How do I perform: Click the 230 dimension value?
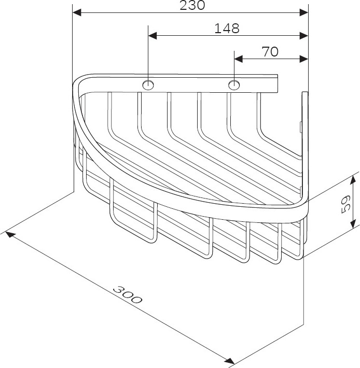192,5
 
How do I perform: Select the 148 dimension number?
227,29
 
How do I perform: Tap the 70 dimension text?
270,52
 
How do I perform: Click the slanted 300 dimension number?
127,294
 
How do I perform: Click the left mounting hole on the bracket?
148,84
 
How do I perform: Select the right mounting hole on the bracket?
234,84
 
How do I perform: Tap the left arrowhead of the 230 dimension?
77,12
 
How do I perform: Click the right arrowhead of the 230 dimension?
303,12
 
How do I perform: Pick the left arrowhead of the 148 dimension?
153,36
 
